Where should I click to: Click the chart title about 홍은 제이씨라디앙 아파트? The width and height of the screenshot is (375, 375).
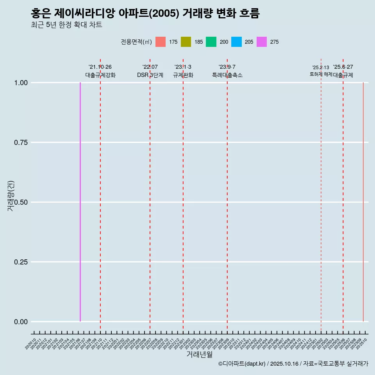pos(145,13)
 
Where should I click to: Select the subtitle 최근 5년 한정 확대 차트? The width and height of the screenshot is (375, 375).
pos(66,25)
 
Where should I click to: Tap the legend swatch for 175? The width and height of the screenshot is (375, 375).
pos(161,42)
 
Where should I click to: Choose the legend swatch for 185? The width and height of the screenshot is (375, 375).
pos(186,42)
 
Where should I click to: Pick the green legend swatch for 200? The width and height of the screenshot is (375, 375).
pos(211,42)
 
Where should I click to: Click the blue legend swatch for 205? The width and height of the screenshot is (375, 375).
pos(236,42)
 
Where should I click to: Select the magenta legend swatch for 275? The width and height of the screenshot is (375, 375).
pos(261,42)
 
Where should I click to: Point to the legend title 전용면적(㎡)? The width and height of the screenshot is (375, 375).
pos(136,42)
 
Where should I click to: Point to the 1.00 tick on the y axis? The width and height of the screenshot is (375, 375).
pos(21,83)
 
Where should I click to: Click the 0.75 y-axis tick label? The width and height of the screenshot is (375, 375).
pos(21,143)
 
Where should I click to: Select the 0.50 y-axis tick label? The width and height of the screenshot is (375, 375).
pos(21,202)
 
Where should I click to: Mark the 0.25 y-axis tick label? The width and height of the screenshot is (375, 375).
pos(21,262)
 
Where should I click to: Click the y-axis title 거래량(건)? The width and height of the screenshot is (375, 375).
pos(11,196)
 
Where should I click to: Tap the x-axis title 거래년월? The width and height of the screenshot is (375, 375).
pos(199,354)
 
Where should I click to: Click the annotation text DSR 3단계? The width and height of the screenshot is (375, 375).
pos(150,75)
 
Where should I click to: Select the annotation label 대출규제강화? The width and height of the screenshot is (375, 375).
pos(100,75)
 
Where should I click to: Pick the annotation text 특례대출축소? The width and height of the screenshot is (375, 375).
pos(227,75)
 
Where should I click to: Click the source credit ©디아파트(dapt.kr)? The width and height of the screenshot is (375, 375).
pos(242,364)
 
